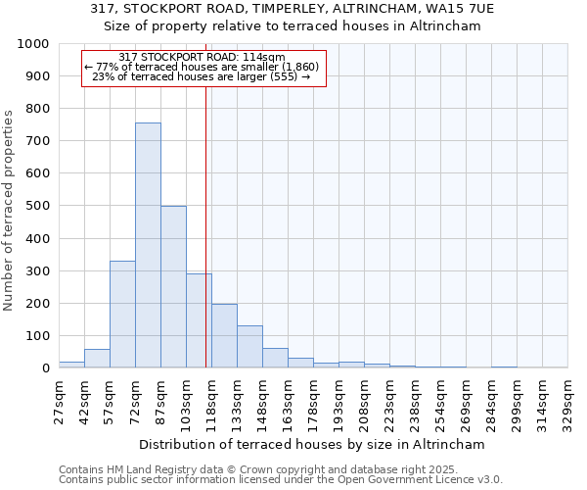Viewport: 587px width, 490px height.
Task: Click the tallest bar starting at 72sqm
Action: coord(148,245)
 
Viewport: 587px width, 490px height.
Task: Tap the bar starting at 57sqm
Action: coord(122,315)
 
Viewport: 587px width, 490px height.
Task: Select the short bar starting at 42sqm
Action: coord(97,359)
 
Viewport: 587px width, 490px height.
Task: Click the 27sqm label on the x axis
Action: coord(60,402)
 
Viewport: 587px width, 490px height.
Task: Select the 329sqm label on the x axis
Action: coord(568,402)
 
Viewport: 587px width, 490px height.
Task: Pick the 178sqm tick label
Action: coord(314,402)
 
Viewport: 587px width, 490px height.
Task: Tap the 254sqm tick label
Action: coord(441,402)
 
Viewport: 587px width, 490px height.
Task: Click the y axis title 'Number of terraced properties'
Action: coord(9,210)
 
